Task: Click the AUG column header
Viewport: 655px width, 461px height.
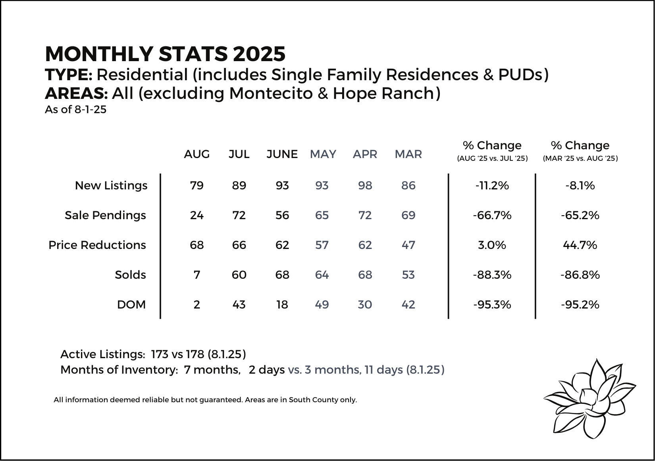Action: [x=197, y=154]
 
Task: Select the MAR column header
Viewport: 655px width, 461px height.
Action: [x=408, y=154]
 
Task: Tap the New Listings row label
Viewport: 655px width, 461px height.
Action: [x=111, y=185]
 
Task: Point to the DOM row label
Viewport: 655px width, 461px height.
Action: [x=131, y=305]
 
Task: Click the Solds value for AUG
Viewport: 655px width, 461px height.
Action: [x=197, y=275]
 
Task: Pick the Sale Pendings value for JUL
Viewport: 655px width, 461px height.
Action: [x=239, y=215]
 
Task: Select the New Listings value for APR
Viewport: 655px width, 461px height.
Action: [x=365, y=185]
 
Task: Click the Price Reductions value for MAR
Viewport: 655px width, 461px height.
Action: [x=408, y=245]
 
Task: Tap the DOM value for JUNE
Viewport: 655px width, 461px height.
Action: [x=282, y=305]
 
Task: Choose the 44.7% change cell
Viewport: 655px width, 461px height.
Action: [x=580, y=245]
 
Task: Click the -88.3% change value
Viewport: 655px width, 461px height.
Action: [x=492, y=275]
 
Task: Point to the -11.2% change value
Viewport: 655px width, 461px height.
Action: [x=492, y=185]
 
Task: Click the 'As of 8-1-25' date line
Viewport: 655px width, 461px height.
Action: [x=75, y=110]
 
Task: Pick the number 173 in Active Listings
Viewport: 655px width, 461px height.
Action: [x=160, y=354]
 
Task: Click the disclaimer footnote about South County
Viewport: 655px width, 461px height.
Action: [x=205, y=399]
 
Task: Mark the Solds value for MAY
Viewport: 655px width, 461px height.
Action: [x=322, y=275]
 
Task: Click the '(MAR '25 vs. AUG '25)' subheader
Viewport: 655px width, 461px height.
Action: [x=580, y=158]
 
